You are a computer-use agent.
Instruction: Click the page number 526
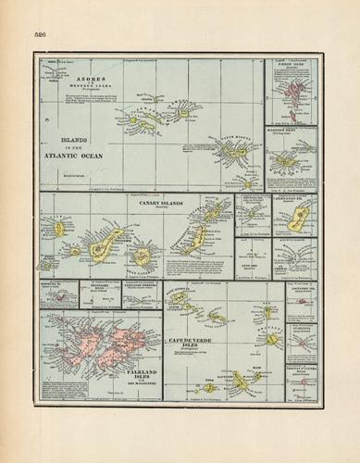click(x=40, y=33)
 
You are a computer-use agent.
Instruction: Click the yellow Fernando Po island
click(x=298, y=218)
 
